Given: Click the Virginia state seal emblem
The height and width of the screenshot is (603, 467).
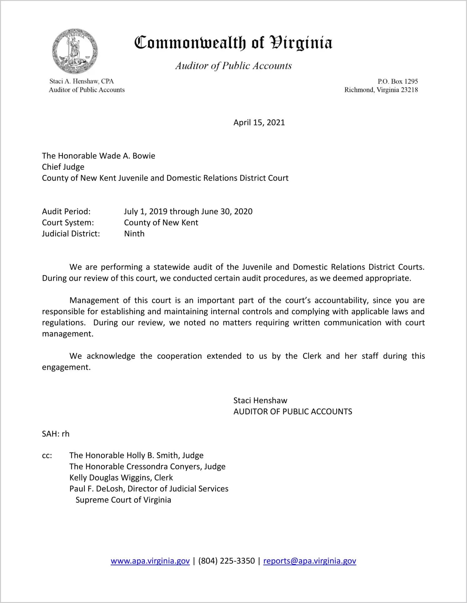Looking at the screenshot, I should pos(75,51).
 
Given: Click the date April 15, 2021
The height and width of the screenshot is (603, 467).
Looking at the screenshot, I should pos(259,122).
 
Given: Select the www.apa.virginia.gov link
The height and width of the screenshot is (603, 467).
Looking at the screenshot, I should pos(150,561).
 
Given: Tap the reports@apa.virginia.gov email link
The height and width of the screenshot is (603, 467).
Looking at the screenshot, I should pos(309,561).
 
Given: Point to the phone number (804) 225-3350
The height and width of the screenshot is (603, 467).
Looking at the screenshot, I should pos(226,561).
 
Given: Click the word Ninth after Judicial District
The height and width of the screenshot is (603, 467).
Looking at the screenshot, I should pos(134,234).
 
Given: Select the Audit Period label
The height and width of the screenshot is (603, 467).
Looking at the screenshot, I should pos(66,211).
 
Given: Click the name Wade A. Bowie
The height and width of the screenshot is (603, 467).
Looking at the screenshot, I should pos(127,156).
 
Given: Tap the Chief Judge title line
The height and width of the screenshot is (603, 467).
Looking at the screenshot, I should pos(63,167).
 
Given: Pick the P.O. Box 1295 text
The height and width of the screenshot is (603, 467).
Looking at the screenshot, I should pos(398,82).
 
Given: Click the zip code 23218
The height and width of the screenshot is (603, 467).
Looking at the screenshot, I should pos(409,90).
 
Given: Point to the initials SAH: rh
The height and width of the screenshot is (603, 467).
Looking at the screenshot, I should pos(56,434).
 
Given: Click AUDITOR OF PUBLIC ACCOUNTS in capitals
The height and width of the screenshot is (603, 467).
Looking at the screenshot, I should pos(293,412).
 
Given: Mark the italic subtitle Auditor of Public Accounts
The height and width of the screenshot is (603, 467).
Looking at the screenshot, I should pos(233,66).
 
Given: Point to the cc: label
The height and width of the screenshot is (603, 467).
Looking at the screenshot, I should pos(47,456).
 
